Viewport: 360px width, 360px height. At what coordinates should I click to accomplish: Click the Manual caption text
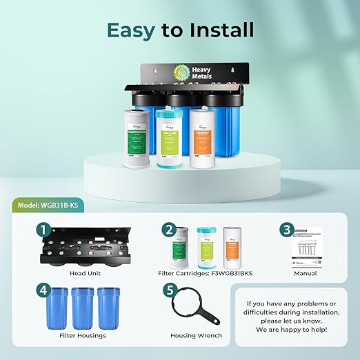point(304,273)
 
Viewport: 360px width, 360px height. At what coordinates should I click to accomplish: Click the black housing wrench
point(191,306)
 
